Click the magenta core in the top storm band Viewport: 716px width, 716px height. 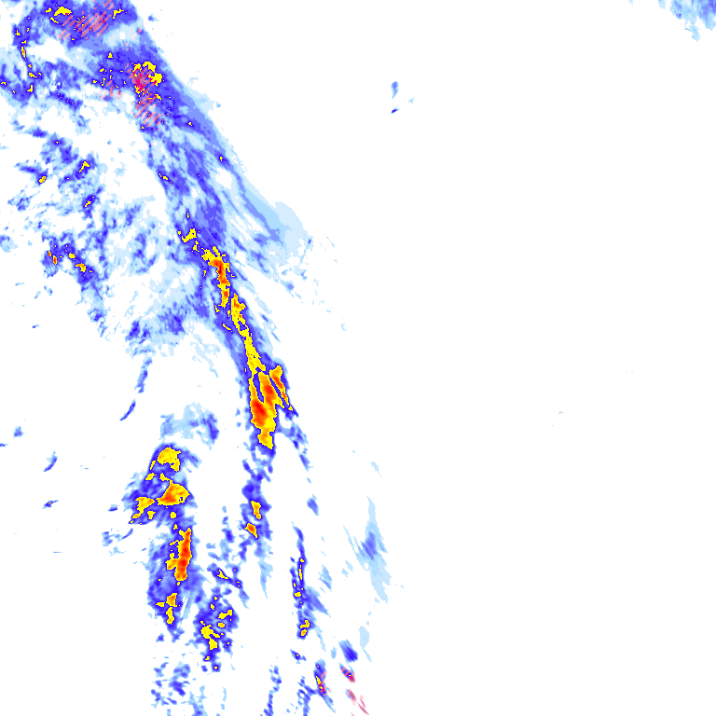coord(143,79)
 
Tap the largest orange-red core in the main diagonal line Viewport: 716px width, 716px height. coord(267,401)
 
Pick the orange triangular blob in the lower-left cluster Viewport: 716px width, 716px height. coord(173,493)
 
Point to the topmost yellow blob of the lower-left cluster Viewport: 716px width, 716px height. coord(168,456)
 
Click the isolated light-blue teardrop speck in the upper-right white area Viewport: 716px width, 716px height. coord(395,89)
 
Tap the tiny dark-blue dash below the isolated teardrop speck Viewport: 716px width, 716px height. coord(394,111)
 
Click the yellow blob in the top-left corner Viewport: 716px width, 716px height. coord(62,13)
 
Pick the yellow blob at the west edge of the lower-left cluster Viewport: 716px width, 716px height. coord(144,506)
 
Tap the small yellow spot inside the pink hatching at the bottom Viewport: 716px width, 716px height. coord(320,683)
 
